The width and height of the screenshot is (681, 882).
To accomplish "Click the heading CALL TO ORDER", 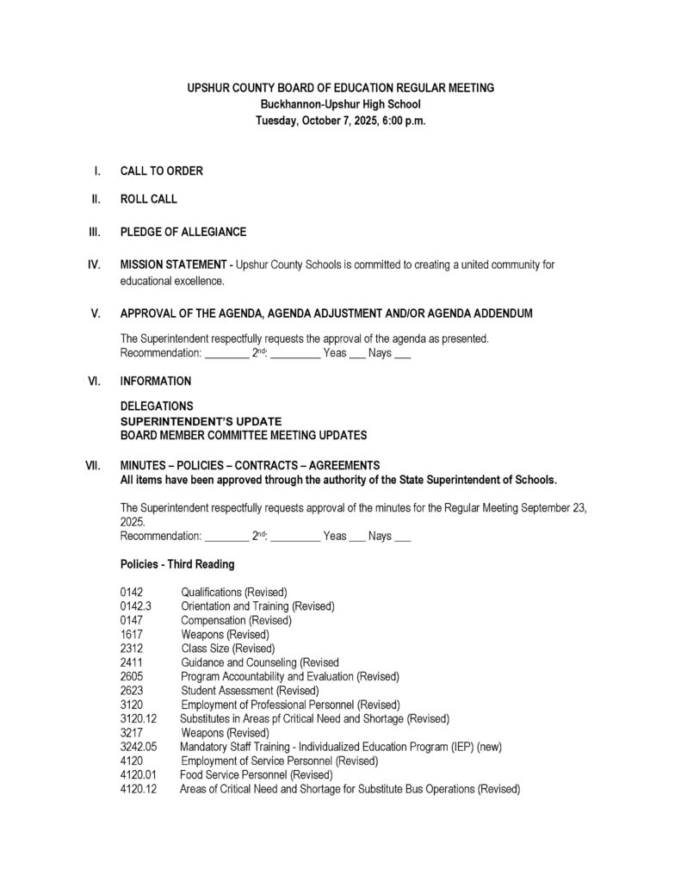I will (161, 171).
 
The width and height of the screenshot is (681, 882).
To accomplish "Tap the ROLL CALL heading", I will (148, 199).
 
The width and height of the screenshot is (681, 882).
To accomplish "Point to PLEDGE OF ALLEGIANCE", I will (183, 232).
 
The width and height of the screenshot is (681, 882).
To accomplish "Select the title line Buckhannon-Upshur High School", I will (340, 104).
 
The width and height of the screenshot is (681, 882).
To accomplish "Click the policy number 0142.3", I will (136, 606).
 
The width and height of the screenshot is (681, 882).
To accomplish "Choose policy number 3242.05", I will (139, 747).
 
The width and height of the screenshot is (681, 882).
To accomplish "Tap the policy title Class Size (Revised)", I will (227, 648).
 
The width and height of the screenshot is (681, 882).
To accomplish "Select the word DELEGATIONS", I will (156, 406).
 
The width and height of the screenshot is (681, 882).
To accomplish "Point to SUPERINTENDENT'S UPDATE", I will (201, 421).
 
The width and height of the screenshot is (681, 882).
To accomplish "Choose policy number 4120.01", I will (139, 774).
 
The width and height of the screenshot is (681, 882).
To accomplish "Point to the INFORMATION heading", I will (155, 380).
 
